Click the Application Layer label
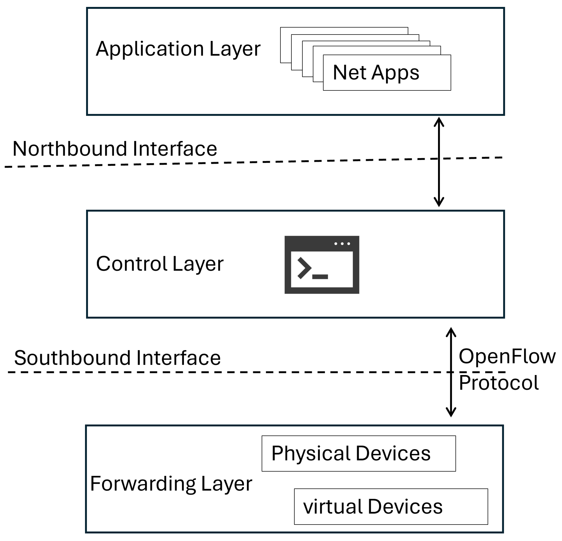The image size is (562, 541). [x=178, y=49]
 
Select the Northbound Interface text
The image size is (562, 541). [x=115, y=149]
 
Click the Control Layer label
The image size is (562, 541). [x=159, y=264]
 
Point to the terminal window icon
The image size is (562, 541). [x=322, y=265]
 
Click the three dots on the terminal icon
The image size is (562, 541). [x=342, y=244]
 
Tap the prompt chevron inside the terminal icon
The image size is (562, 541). [x=304, y=268]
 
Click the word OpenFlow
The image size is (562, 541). [x=507, y=356]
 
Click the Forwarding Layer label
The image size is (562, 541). [x=171, y=484]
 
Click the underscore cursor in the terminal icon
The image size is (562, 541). [x=320, y=276]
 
